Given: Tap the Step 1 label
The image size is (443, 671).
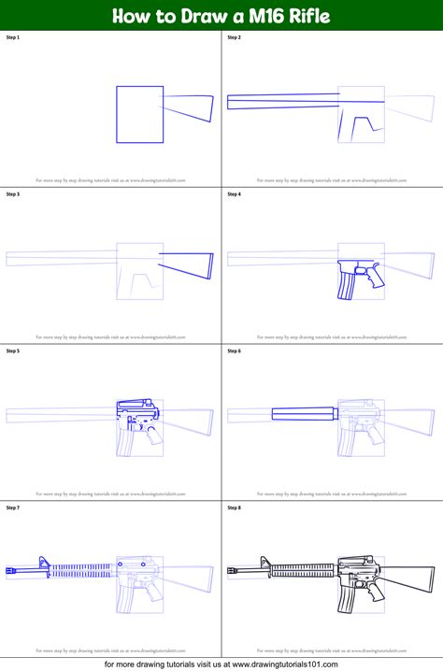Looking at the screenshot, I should click(13, 37).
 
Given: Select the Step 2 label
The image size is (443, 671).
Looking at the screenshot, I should click(235, 37).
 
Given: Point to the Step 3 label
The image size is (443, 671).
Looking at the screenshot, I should click(13, 194).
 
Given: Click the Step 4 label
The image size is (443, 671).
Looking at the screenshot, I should click(235, 194).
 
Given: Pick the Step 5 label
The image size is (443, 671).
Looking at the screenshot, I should click(13, 351).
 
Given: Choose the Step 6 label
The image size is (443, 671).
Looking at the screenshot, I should click(235, 351).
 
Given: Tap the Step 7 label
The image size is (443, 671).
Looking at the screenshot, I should click(13, 508).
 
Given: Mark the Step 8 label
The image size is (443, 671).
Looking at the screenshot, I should click(235, 508).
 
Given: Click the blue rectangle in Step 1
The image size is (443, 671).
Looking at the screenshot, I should click(139, 114).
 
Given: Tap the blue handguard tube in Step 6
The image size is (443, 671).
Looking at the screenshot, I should click(303, 411).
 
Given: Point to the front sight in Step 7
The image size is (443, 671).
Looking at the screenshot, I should click(43, 562).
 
